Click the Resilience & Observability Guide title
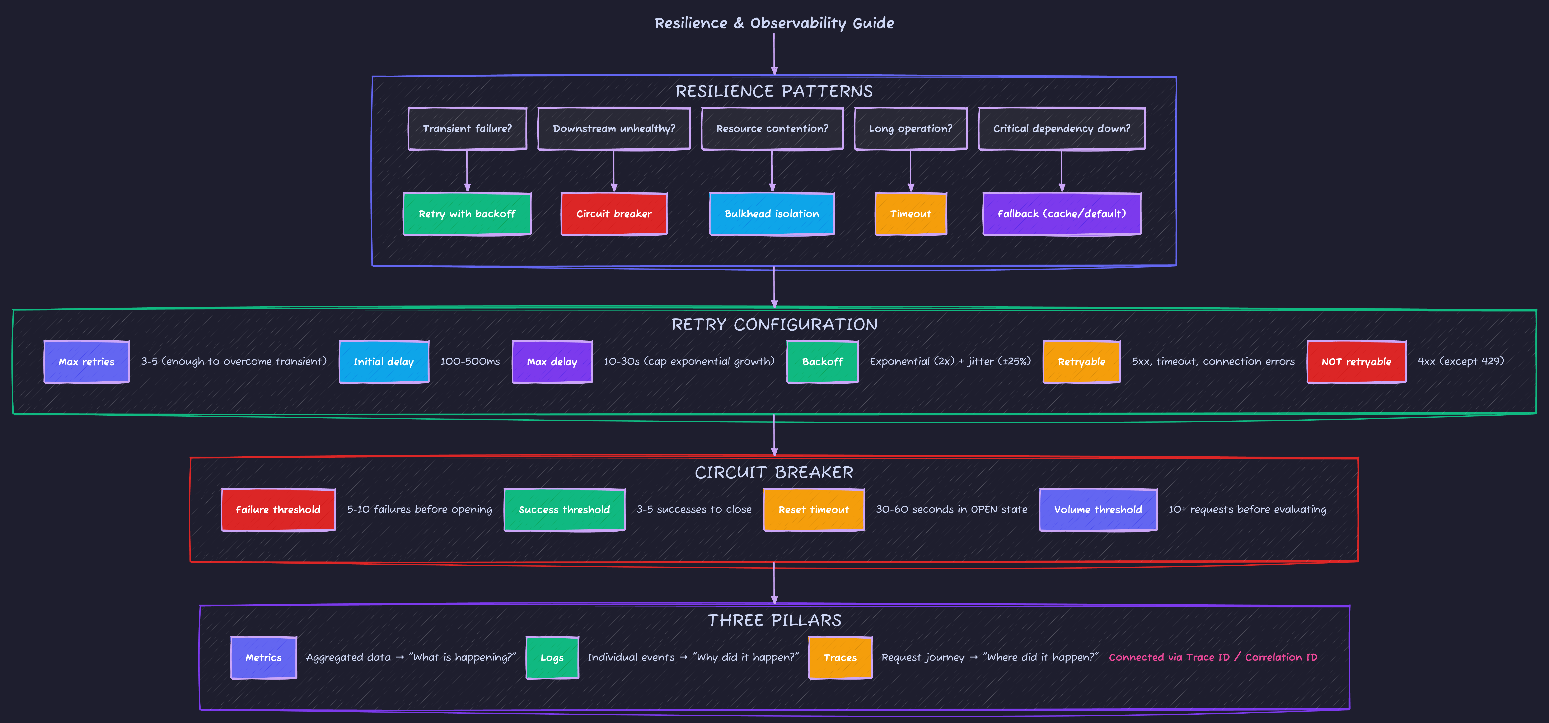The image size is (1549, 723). (774, 23)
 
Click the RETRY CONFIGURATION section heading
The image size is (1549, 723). (774, 325)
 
